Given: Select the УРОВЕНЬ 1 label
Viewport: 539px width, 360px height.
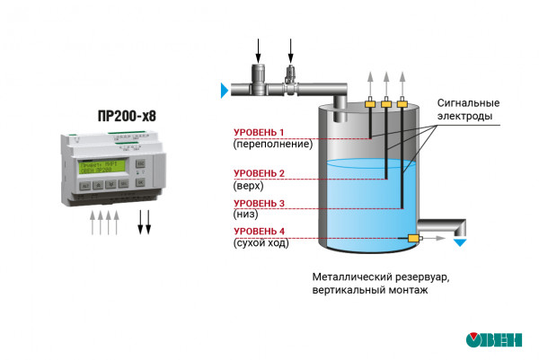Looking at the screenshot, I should (259, 132).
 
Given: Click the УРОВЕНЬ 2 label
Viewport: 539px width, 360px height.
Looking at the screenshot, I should (259, 173).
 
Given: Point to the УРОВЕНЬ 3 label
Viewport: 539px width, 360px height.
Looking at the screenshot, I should (259, 204).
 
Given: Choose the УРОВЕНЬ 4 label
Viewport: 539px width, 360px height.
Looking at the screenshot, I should (259, 232).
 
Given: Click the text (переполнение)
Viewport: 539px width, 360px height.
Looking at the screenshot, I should (272, 144).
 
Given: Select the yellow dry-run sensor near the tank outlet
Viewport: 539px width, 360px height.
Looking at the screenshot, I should (414, 238).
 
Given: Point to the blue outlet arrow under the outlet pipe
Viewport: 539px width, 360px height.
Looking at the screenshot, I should (461, 241).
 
